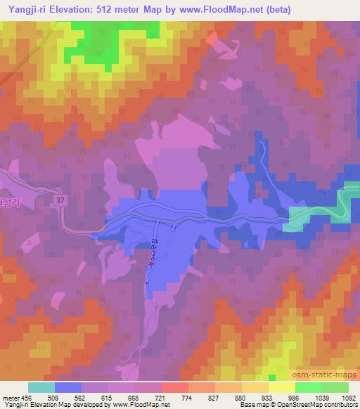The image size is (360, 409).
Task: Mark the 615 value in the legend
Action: coord(108,398)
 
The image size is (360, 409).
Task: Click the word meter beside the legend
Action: coord(10,398)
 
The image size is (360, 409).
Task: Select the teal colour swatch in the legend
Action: coord(41,387)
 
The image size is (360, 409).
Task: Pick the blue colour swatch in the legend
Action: coord(68,387)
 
